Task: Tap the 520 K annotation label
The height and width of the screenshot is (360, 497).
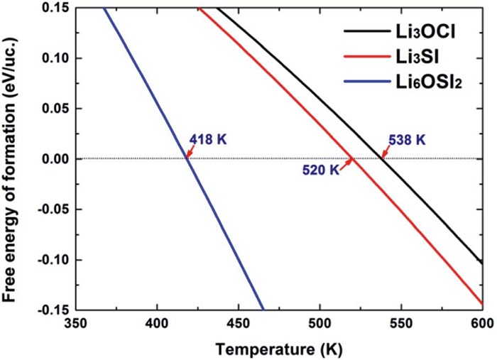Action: point(321,171)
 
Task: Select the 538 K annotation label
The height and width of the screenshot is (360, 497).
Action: point(407,141)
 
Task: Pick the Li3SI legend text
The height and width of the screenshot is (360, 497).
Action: point(421,58)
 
